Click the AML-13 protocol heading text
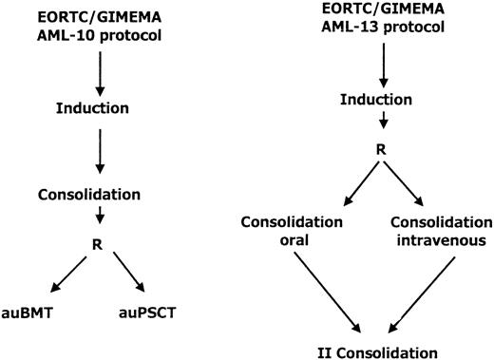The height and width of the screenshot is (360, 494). pyautogui.click(x=381, y=29)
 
